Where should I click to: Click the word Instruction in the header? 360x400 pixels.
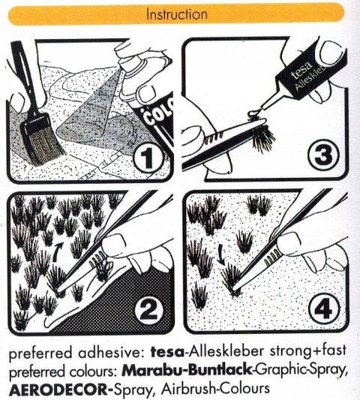[x=176, y=14]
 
